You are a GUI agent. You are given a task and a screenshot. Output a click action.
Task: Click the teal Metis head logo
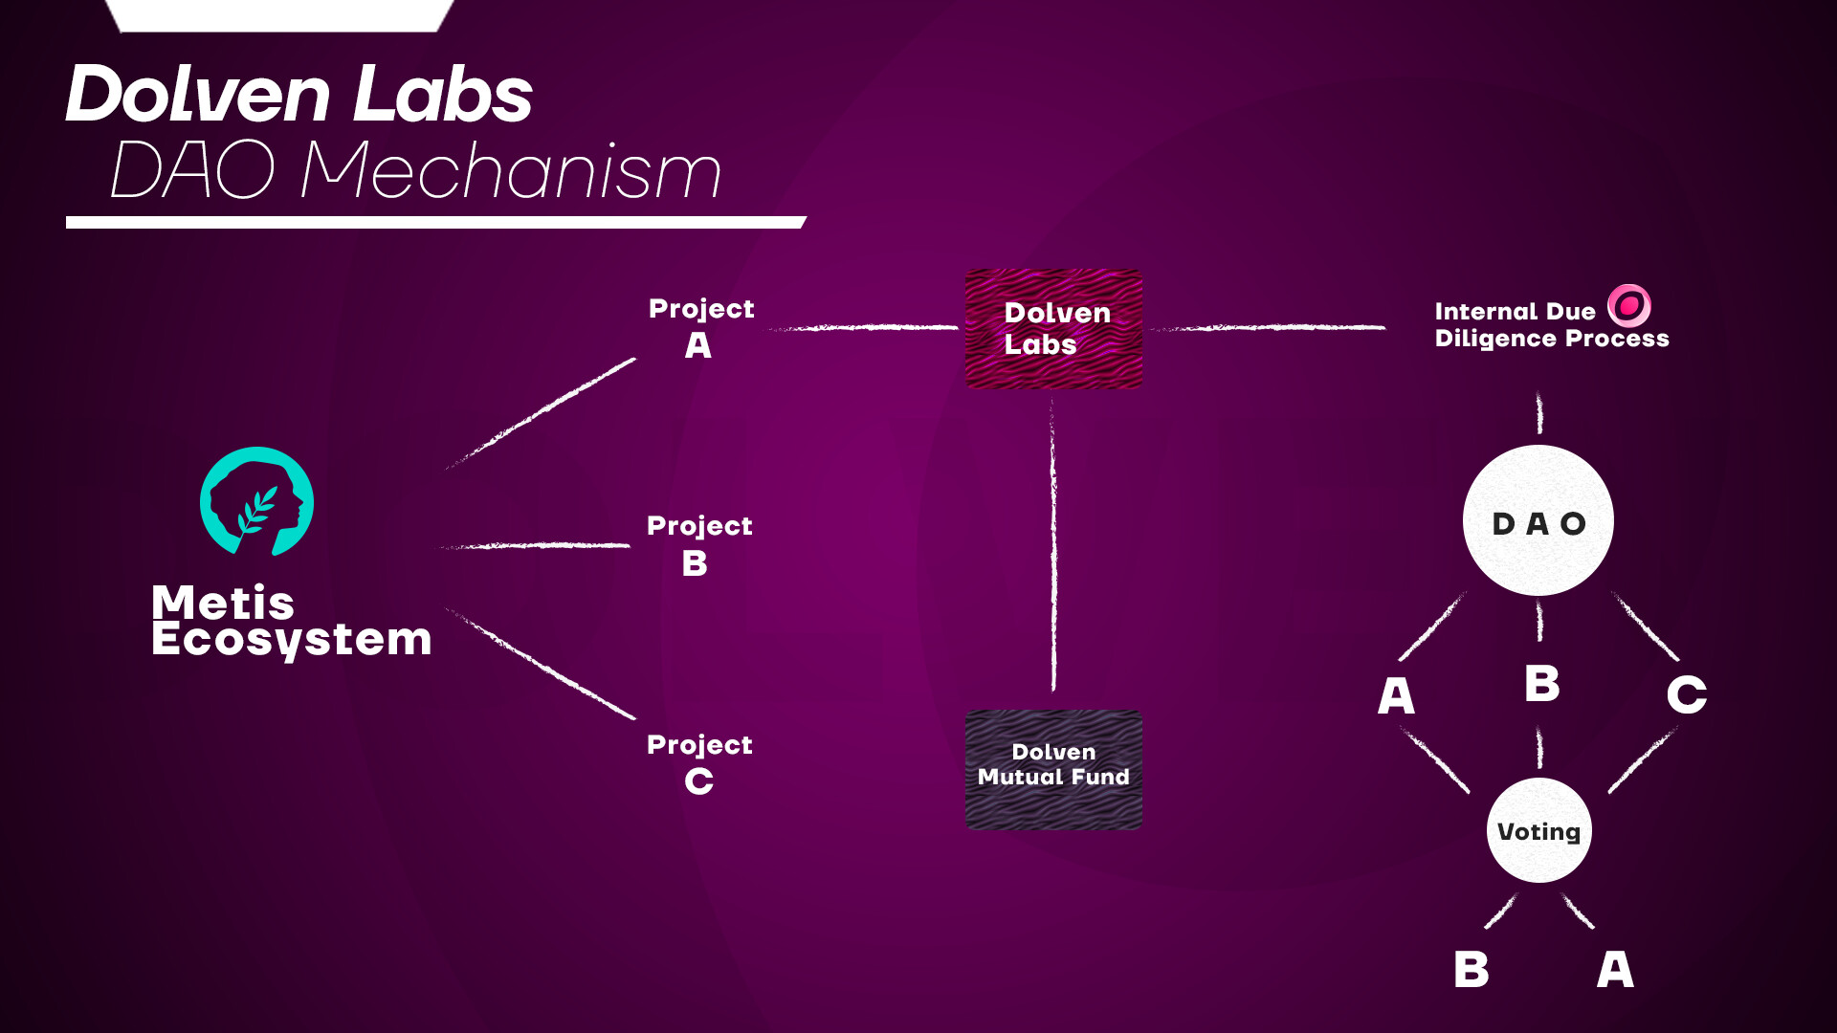coord(256,501)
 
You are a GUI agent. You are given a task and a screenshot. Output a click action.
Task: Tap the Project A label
coord(701,327)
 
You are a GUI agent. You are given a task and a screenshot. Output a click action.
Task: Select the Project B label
coord(699,545)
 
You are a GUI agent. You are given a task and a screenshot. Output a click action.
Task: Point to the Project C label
coord(699,763)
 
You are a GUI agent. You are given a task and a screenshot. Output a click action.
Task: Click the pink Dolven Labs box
coord(1053,329)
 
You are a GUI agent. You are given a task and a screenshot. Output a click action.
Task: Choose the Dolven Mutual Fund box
coord(1053,769)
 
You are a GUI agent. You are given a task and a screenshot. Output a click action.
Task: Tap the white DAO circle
coord(1538,520)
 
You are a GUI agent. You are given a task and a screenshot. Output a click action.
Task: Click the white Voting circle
coord(1539,830)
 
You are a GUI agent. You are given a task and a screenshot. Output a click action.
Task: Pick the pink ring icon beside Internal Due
coord(1629,306)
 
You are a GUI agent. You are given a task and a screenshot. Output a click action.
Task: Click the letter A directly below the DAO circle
coord(1396,695)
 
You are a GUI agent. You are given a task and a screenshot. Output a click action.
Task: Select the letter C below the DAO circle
coord(1687,694)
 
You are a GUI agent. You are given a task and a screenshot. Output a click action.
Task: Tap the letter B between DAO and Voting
coord(1542,684)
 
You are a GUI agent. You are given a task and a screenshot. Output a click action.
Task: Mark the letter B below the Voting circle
coord(1472,969)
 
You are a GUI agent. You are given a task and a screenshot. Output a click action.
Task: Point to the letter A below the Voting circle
coord(1616,969)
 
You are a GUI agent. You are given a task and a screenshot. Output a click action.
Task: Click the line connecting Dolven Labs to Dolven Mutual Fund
coord(1053,545)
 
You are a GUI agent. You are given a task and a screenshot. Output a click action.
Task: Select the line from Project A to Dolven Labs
coord(863,327)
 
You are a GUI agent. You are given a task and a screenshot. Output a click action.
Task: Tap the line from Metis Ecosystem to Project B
coord(536,545)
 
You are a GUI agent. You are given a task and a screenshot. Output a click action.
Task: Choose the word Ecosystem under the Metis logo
coord(292,640)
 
